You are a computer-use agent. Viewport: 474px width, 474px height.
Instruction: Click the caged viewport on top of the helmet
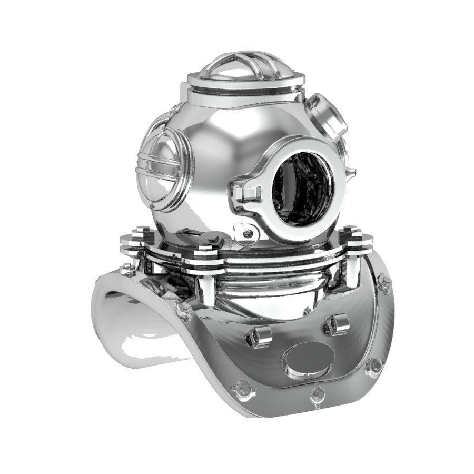(245, 67)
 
